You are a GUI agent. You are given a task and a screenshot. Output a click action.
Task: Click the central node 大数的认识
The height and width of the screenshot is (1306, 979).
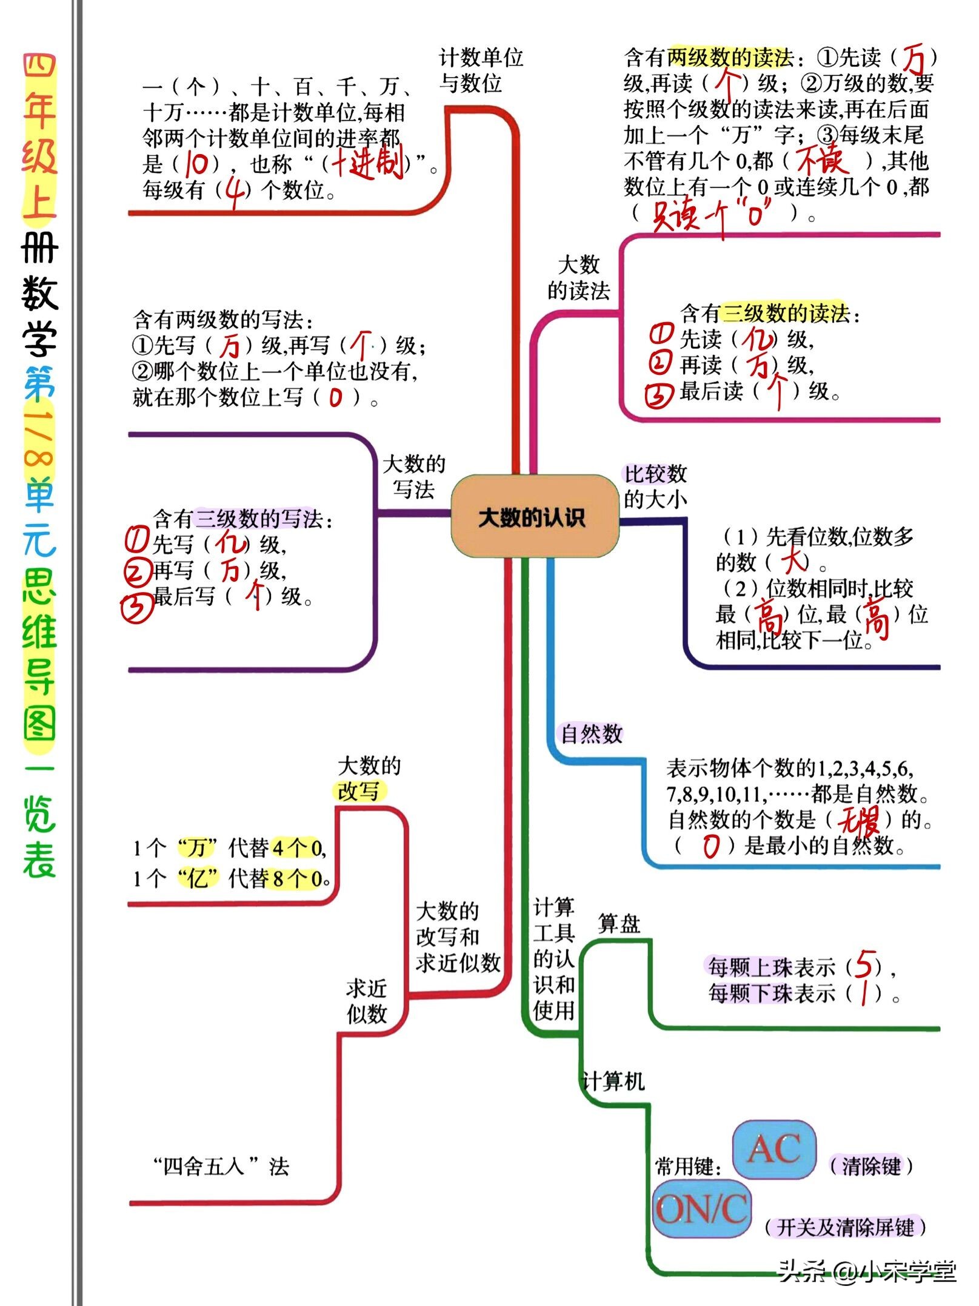point(533,517)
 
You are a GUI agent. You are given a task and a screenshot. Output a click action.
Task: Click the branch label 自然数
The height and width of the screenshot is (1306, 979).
point(591,734)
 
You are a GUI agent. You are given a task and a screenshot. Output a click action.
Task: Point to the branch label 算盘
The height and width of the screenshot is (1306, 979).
point(619,924)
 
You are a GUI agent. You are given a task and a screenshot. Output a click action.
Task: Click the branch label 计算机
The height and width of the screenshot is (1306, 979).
point(613,1082)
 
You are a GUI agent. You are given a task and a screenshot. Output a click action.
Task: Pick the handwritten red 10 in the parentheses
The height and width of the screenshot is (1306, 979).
point(196,164)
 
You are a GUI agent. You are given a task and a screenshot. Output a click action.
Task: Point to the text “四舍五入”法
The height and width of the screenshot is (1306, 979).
point(221,1166)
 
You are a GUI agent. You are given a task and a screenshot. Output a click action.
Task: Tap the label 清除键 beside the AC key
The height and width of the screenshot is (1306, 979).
point(870,1166)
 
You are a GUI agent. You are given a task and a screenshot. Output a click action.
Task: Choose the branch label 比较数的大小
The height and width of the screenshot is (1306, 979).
point(655,486)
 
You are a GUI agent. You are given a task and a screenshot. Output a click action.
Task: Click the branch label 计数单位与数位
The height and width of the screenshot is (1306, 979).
point(480,70)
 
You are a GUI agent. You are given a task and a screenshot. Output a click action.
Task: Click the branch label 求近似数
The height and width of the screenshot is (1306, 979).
point(367,1001)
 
